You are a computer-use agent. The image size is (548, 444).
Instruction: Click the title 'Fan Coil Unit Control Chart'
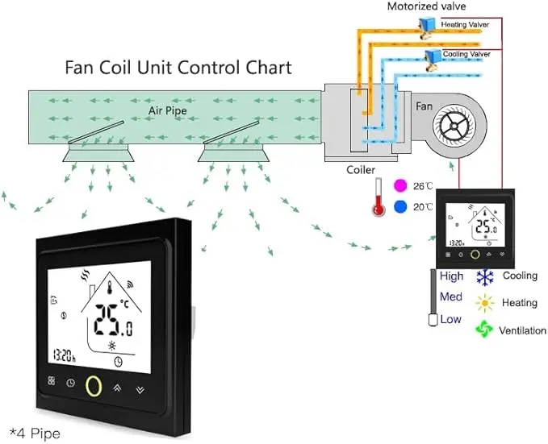[178, 66]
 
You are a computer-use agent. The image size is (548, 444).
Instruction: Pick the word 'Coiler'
[361, 170]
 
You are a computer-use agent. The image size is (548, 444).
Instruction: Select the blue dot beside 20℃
[401, 207]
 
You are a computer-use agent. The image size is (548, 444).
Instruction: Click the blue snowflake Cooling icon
[484, 277]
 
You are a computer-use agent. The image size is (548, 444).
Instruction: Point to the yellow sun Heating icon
[484, 303]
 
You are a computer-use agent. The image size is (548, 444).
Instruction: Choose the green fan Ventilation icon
[484, 330]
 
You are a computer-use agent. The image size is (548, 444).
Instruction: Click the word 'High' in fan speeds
[452, 276]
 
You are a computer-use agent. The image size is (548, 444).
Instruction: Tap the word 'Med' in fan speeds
[451, 297]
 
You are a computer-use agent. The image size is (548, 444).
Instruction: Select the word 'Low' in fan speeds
[451, 319]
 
